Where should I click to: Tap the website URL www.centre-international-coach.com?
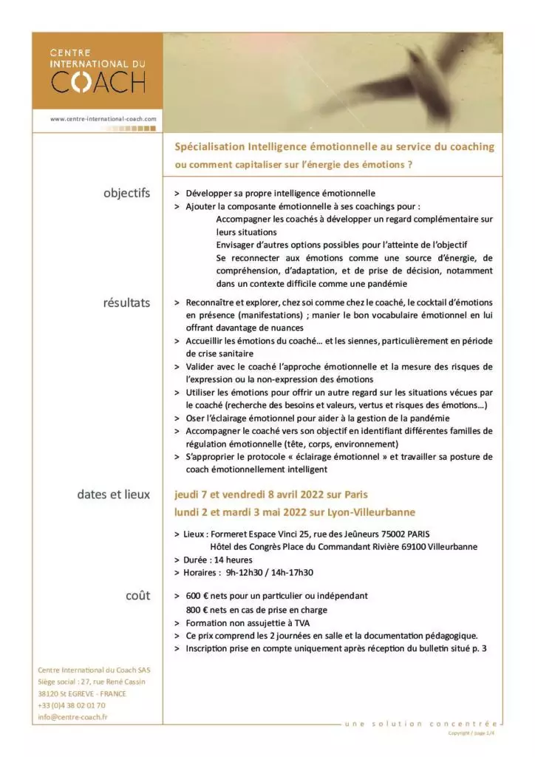[x=103, y=118]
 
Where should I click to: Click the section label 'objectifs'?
[x=126, y=194]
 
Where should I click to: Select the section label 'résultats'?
[x=126, y=302]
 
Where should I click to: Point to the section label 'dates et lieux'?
[x=113, y=495]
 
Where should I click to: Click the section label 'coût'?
[x=137, y=595]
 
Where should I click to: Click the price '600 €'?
[x=200, y=595]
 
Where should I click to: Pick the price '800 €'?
[x=200, y=610]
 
